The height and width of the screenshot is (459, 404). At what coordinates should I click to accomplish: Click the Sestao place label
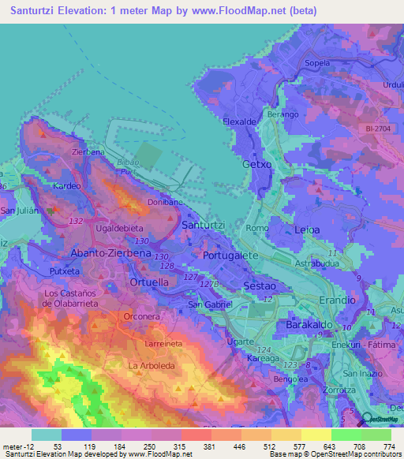[x=260, y=284]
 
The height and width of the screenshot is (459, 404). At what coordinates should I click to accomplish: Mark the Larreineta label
[x=165, y=345]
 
